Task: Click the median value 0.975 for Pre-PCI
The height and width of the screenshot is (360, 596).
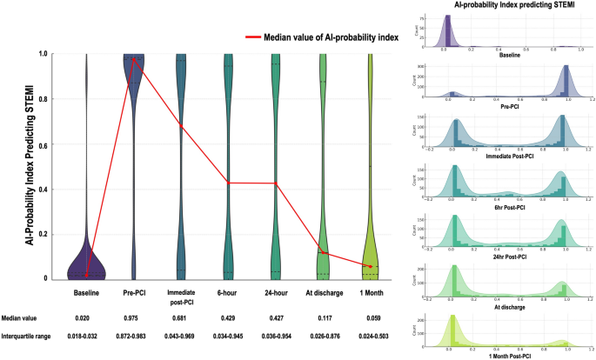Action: tap(133, 319)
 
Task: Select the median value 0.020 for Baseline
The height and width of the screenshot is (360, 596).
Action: tap(86, 319)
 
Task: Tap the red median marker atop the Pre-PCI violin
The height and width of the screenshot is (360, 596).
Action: tap(133, 59)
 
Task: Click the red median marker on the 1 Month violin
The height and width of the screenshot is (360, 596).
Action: tap(370, 266)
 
